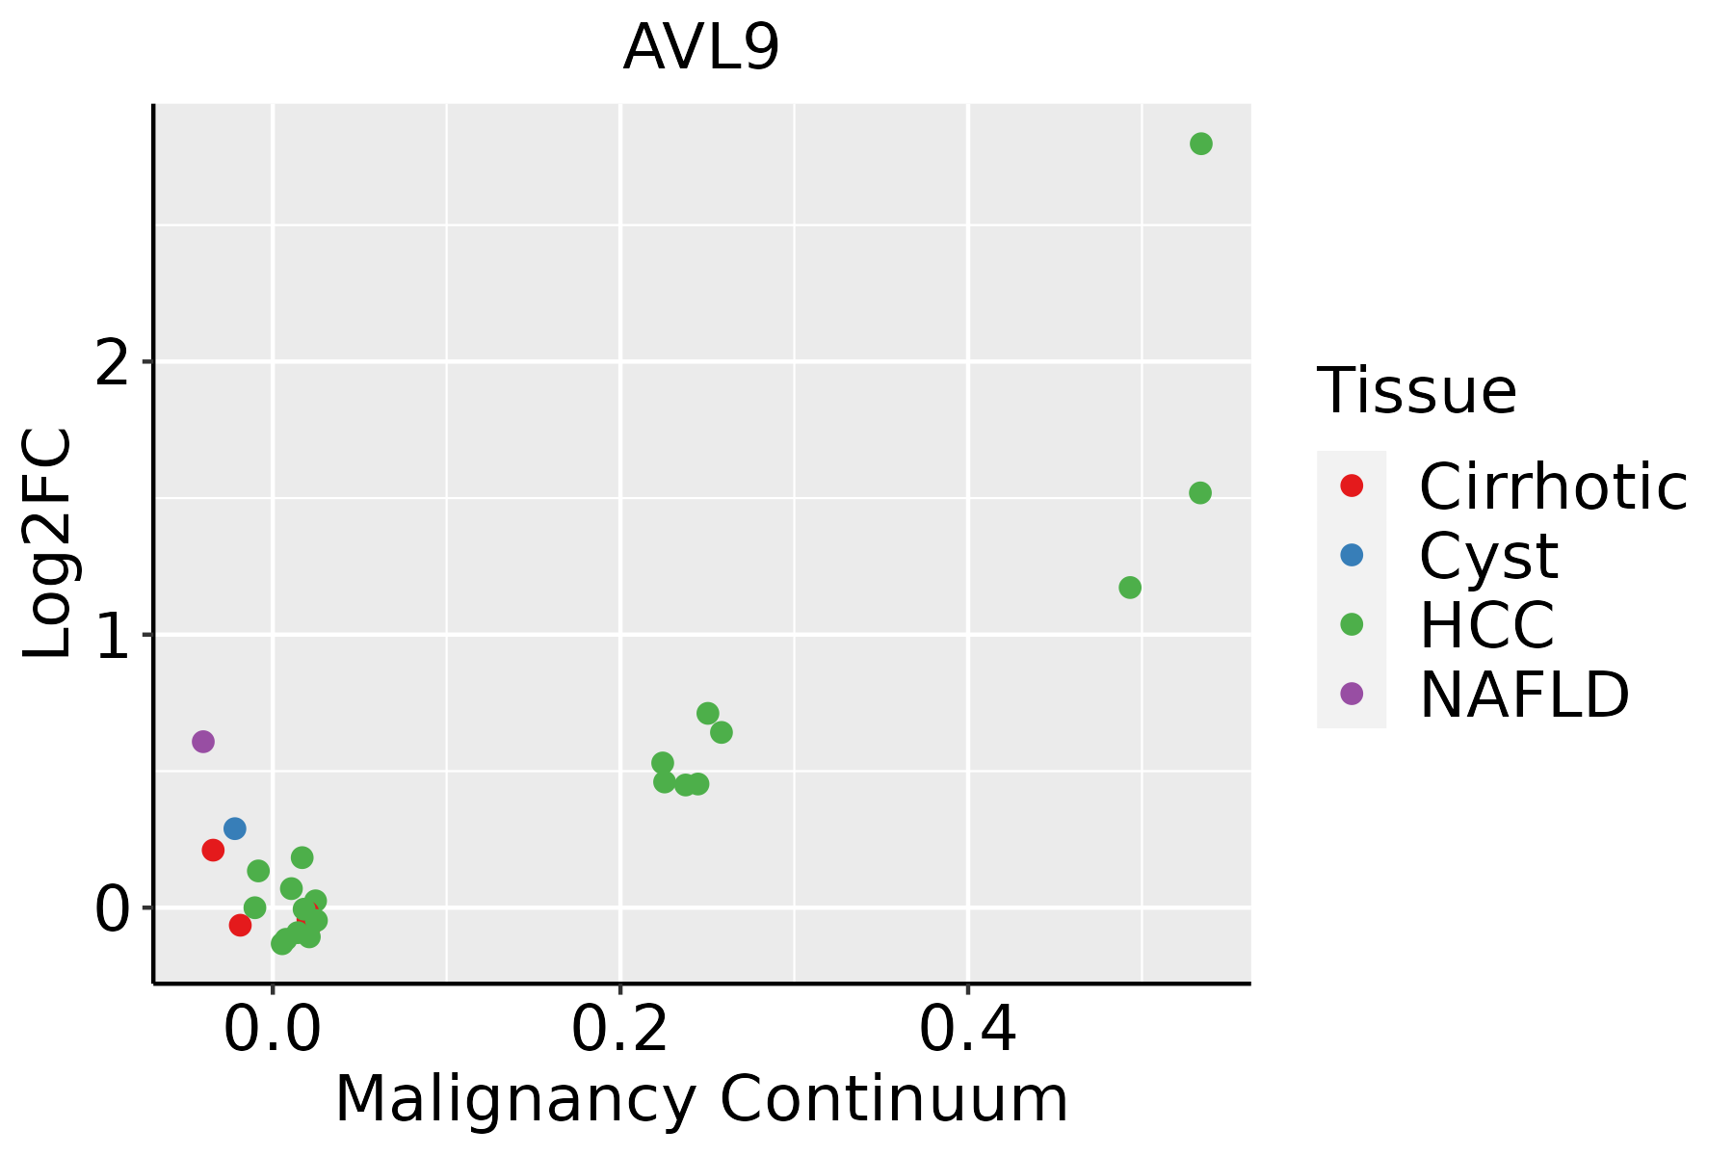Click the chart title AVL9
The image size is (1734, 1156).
[700, 48]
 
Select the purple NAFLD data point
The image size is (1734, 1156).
[202, 742]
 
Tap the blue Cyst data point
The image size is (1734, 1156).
[234, 828]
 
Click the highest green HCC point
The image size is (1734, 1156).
[1200, 144]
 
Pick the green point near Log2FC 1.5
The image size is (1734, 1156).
[1199, 493]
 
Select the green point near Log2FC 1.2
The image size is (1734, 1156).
[1130, 588]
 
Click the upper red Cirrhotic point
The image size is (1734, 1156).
[213, 850]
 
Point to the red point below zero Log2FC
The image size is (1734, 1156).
[240, 925]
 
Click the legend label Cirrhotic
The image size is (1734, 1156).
[1552, 486]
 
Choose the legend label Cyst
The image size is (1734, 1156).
[1487, 556]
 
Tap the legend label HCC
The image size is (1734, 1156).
[1486, 624]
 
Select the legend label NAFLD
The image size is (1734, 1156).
[1524, 694]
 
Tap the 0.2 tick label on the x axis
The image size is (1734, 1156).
[619, 1031]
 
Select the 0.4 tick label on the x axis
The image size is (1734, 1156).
[967, 1031]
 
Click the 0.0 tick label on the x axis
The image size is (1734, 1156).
[273, 1031]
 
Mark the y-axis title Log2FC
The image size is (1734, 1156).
[48, 544]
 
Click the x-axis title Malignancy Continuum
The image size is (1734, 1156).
[700, 1100]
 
